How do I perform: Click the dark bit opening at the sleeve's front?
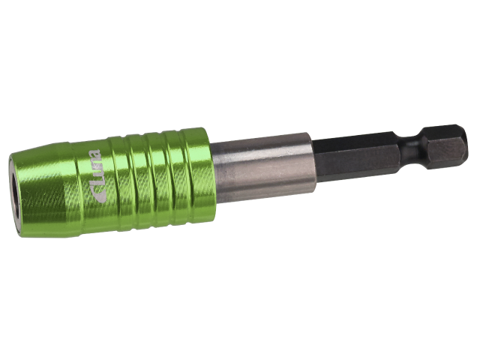coord(15,192)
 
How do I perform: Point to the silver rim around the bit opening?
coord(13,192)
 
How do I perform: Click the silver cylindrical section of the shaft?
coord(262,168)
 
